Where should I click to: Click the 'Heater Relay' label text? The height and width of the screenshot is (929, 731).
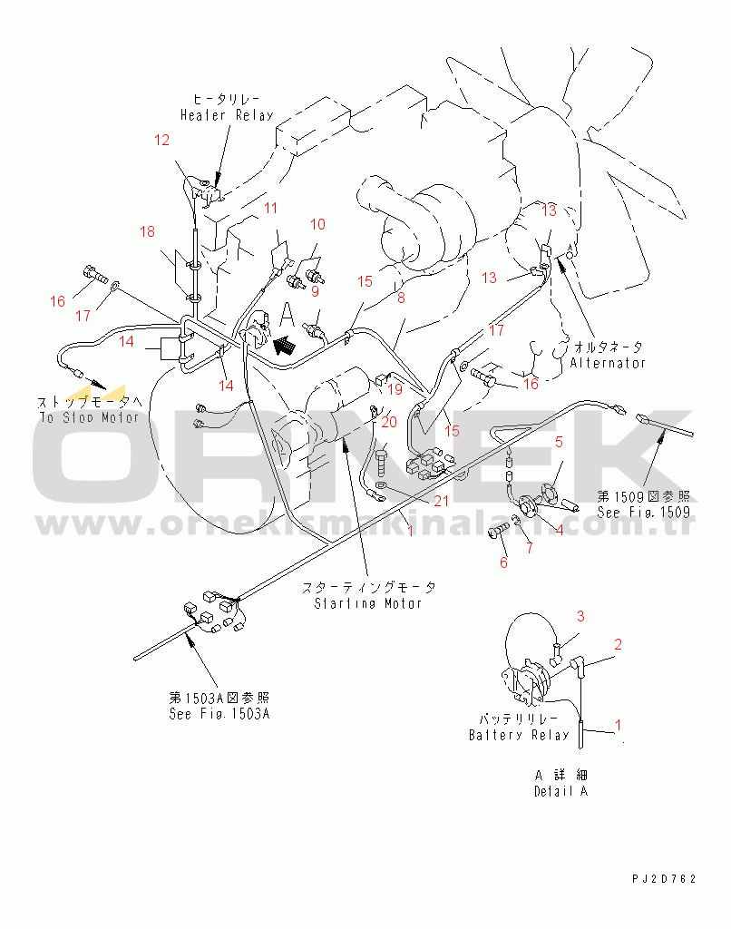coord(226,115)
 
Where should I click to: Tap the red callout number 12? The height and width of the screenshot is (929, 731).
coord(161,140)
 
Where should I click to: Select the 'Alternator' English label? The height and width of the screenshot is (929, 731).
coord(608,363)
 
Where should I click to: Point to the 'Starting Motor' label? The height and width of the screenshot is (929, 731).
coord(368,602)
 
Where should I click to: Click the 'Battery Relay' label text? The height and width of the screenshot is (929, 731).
coord(520,735)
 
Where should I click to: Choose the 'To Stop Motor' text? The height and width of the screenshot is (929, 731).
coord(89,417)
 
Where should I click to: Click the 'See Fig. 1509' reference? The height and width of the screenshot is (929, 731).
coord(643,512)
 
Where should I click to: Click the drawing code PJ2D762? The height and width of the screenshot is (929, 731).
coord(665,879)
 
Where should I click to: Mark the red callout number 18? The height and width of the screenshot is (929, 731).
coord(147,232)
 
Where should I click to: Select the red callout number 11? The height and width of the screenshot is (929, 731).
coord(271,209)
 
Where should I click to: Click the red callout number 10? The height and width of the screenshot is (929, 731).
coord(317,224)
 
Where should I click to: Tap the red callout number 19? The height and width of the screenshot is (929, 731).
coord(395,390)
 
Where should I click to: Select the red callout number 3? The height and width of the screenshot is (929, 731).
coord(582,616)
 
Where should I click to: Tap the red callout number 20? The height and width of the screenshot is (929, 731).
coord(389,422)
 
